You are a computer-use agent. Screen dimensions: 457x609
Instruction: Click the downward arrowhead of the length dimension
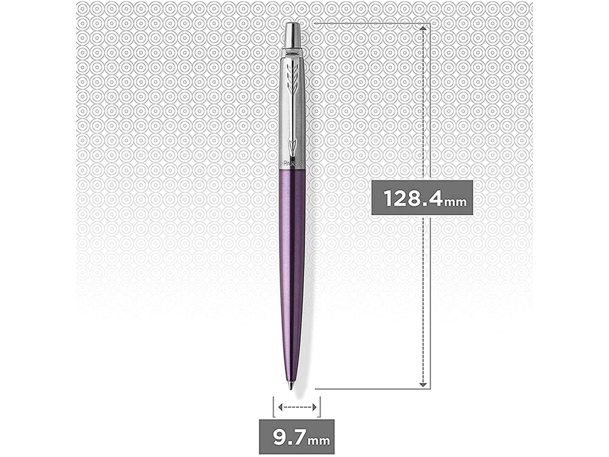click(421, 383)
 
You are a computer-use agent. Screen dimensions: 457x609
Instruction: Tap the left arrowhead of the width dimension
click(280, 406)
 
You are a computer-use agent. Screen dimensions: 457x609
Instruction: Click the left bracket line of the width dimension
click(273, 406)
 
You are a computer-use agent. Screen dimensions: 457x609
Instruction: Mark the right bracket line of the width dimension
click(320, 406)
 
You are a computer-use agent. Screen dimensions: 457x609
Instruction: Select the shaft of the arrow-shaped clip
click(293, 116)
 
